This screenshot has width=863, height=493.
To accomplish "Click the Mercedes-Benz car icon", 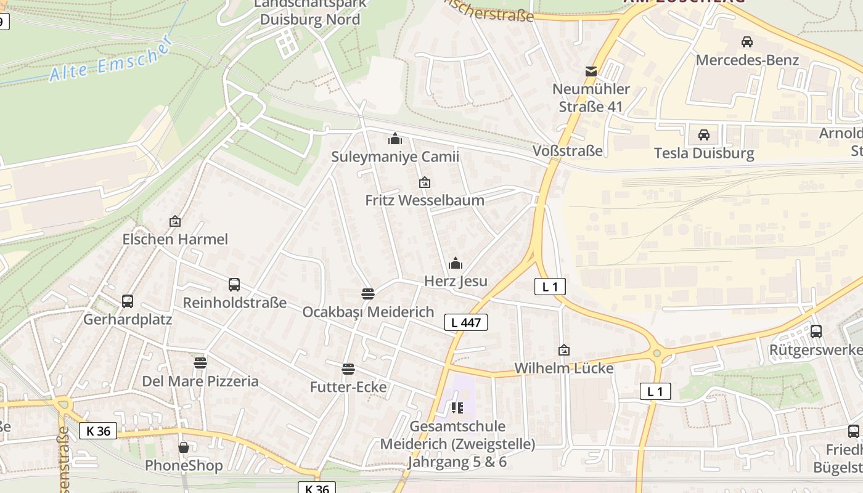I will pyautogui.click(x=747, y=42).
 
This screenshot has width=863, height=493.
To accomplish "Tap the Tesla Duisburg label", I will pyautogui.click(x=704, y=153).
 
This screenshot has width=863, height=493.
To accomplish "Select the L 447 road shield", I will pyautogui.click(x=466, y=322).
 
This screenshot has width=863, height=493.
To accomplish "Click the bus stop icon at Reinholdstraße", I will pyautogui.click(x=234, y=285).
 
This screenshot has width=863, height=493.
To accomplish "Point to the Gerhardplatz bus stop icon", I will pyautogui.click(x=128, y=301).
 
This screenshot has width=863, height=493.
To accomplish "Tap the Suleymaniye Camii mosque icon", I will pyautogui.click(x=395, y=139).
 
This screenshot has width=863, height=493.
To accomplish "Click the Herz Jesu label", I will pyautogui.click(x=456, y=282).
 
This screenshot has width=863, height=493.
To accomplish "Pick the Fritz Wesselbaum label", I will pyautogui.click(x=425, y=200).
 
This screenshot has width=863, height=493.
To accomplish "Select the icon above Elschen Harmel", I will pyautogui.click(x=175, y=221).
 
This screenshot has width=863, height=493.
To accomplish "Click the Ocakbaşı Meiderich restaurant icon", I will pyautogui.click(x=368, y=294).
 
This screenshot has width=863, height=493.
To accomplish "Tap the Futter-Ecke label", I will pyautogui.click(x=348, y=387).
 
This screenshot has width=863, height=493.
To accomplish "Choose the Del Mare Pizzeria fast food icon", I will pyautogui.click(x=200, y=362).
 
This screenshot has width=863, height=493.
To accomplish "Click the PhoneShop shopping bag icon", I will pyautogui.click(x=184, y=447).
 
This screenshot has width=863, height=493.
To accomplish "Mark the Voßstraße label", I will pyautogui.click(x=567, y=151).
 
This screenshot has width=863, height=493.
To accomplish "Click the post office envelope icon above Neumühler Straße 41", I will pyautogui.click(x=591, y=71).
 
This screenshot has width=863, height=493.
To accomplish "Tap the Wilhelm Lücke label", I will pyautogui.click(x=564, y=369).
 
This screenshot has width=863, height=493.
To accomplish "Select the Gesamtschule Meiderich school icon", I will pyautogui.click(x=457, y=407).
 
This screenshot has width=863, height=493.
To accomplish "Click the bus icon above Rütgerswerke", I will pyautogui.click(x=816, y=331).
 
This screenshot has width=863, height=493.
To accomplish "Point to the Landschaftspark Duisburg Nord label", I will pyautogui.click(x=310, y=12).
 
